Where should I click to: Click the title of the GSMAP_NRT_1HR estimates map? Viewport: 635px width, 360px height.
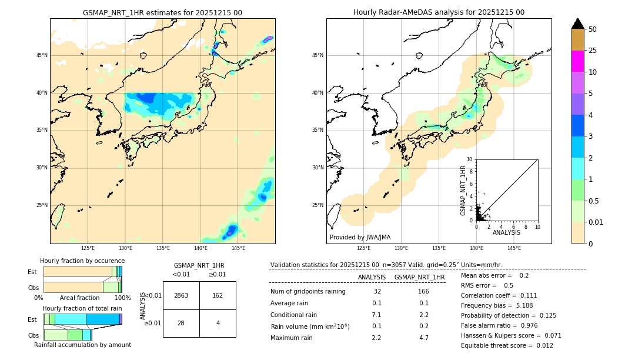pos(162,12)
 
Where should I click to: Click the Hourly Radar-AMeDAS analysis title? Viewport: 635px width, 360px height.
pos(439,12)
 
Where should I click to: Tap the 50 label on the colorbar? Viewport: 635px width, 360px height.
pos(593,29)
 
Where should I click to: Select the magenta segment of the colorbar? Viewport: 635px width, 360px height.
pos(577,61)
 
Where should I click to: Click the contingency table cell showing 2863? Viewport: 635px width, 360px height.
pos(181,295)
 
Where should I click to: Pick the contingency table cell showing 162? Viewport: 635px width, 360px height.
pos(218,295)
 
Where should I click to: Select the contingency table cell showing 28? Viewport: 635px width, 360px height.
pos(181,323)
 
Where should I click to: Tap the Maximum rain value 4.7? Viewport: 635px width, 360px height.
pos(423,338)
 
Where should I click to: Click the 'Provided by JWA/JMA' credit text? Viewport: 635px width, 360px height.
pos(360,238)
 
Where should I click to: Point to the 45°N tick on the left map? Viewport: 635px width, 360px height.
pos(42,55)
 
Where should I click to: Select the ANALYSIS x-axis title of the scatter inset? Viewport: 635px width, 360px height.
pos(506,232)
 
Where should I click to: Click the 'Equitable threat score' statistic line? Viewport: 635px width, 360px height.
pos(507,345)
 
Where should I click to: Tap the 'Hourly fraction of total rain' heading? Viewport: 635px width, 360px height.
pos(82,308)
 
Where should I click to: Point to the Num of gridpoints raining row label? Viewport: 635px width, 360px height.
pos(308,292)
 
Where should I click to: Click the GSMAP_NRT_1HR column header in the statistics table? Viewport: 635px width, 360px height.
pos(419,277)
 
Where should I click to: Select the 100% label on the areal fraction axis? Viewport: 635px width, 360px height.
pos(122,298)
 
